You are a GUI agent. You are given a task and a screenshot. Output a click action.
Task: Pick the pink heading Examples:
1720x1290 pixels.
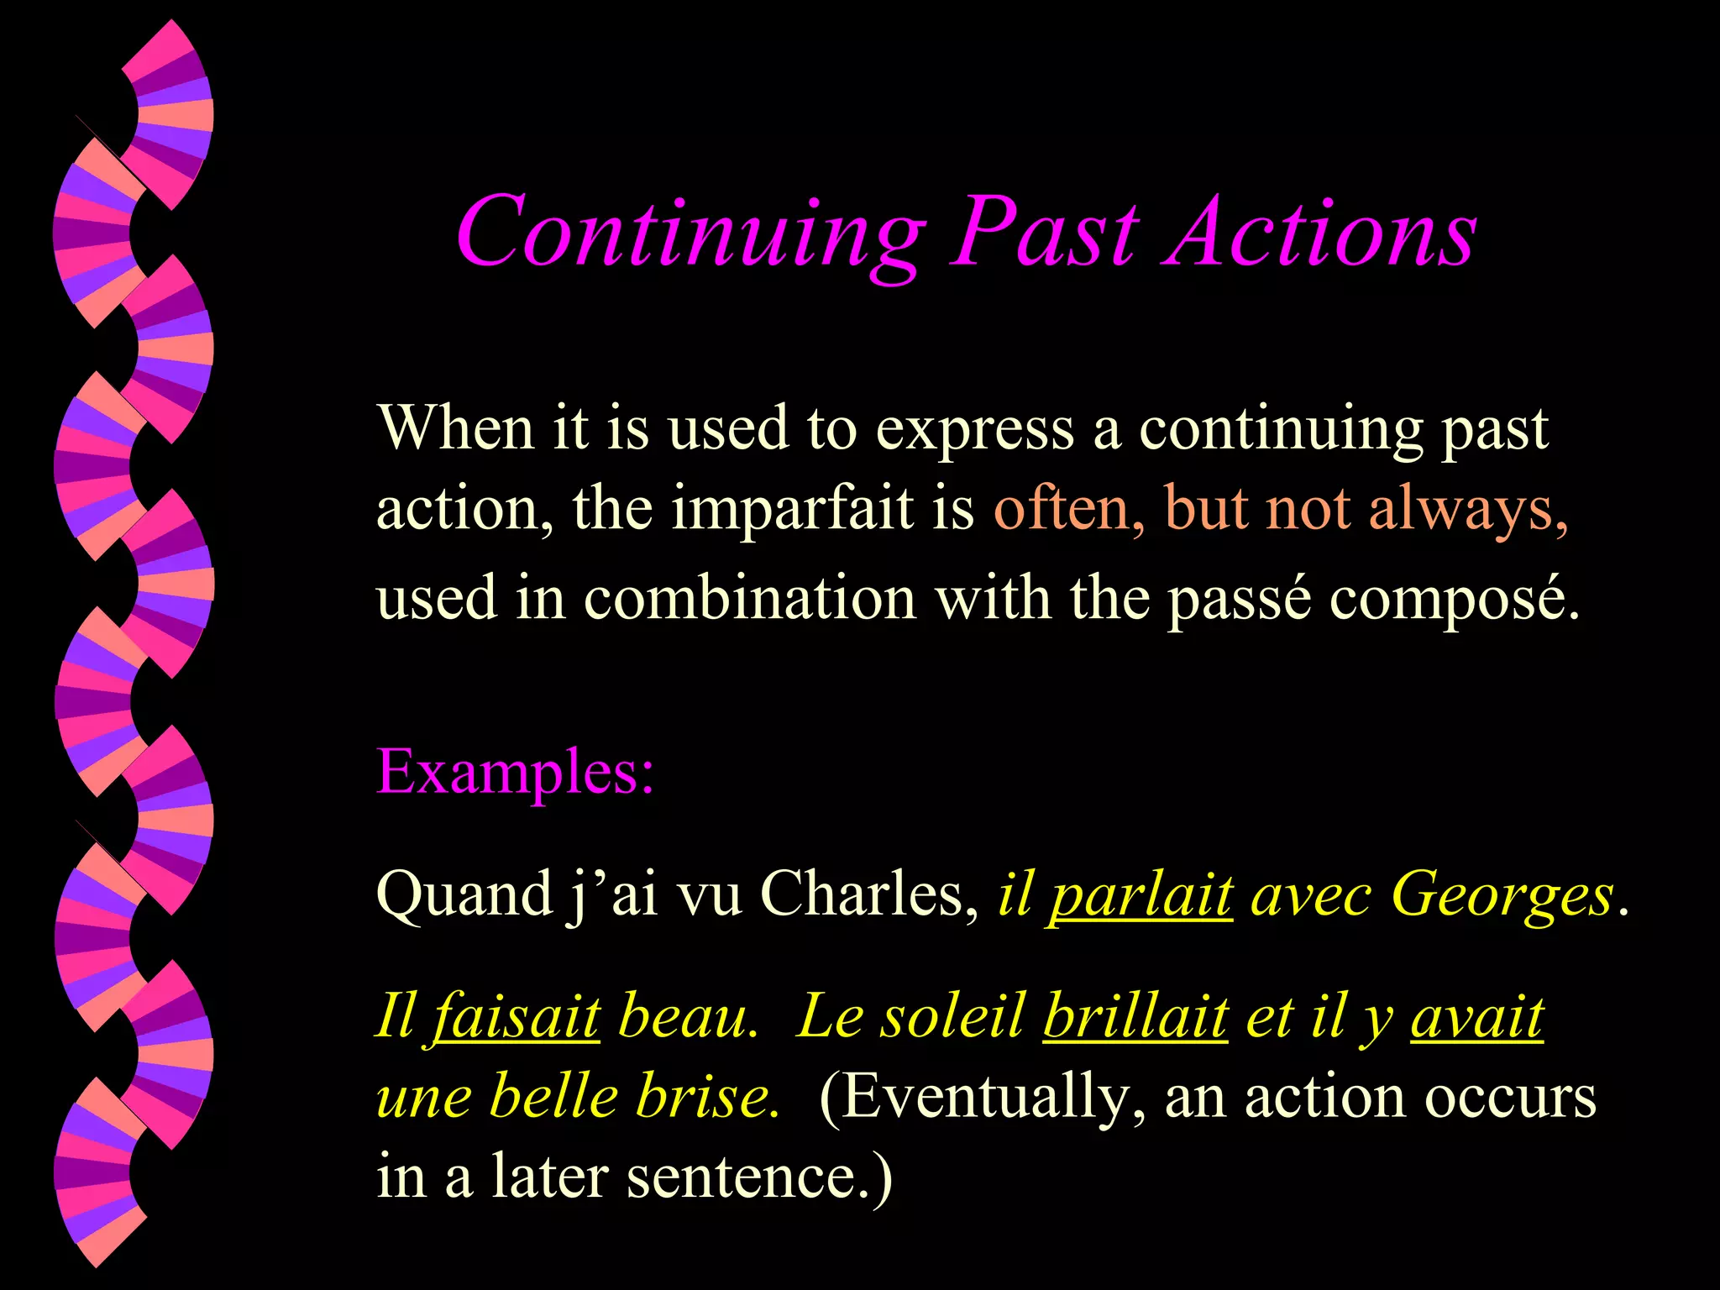(x=515, y=771)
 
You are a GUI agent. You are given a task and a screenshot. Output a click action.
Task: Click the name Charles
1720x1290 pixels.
(x=868, y=894)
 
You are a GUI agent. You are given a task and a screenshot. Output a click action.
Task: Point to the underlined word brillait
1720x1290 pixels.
(x=1135, y=1016)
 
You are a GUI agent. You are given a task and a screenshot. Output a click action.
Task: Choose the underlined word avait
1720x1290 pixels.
(x=1476, y=1016)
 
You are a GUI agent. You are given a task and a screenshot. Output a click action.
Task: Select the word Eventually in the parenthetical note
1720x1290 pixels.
(x=979, y=1097)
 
